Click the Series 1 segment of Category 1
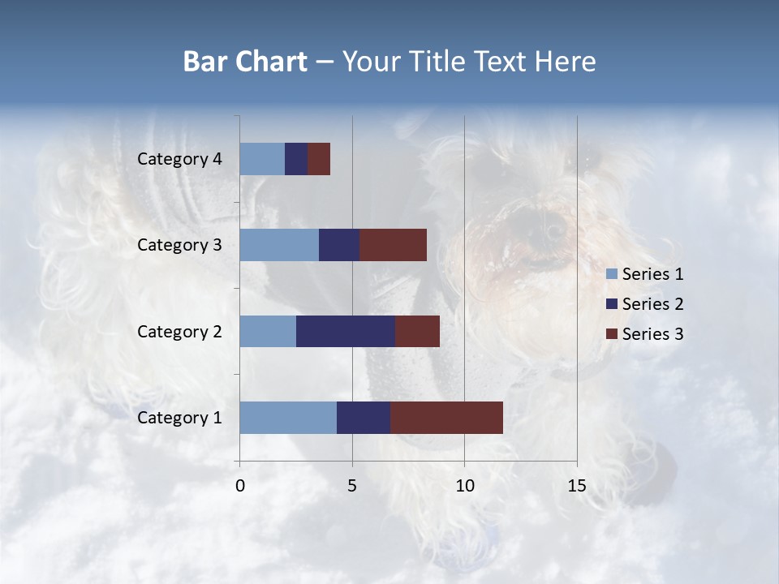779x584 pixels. pos(288,418)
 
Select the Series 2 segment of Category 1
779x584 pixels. pos(364,418)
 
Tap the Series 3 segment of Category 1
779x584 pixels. pos(446,418)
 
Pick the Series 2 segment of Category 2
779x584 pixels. pos(346,331)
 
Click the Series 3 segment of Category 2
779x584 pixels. pos(417,331)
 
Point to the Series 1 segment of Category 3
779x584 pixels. pos(279,245)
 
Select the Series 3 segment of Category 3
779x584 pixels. pos(393,245)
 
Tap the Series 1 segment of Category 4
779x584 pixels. pos(262,159)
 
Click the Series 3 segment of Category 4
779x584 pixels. pos(319,159)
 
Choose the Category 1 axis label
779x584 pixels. pos(179,418)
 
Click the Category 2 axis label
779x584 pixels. pos(179,331)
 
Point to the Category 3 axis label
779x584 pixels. pos(179,245)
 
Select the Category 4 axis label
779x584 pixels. pos(179,159)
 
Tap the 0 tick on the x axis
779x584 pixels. pos(240,486)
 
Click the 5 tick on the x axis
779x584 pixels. pos(352,486)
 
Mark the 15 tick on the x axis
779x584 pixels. pos(576,486)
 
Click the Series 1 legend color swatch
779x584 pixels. pos(612,274)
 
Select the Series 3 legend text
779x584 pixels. pos(652,334)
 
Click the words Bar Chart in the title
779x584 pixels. pos(245,62)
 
